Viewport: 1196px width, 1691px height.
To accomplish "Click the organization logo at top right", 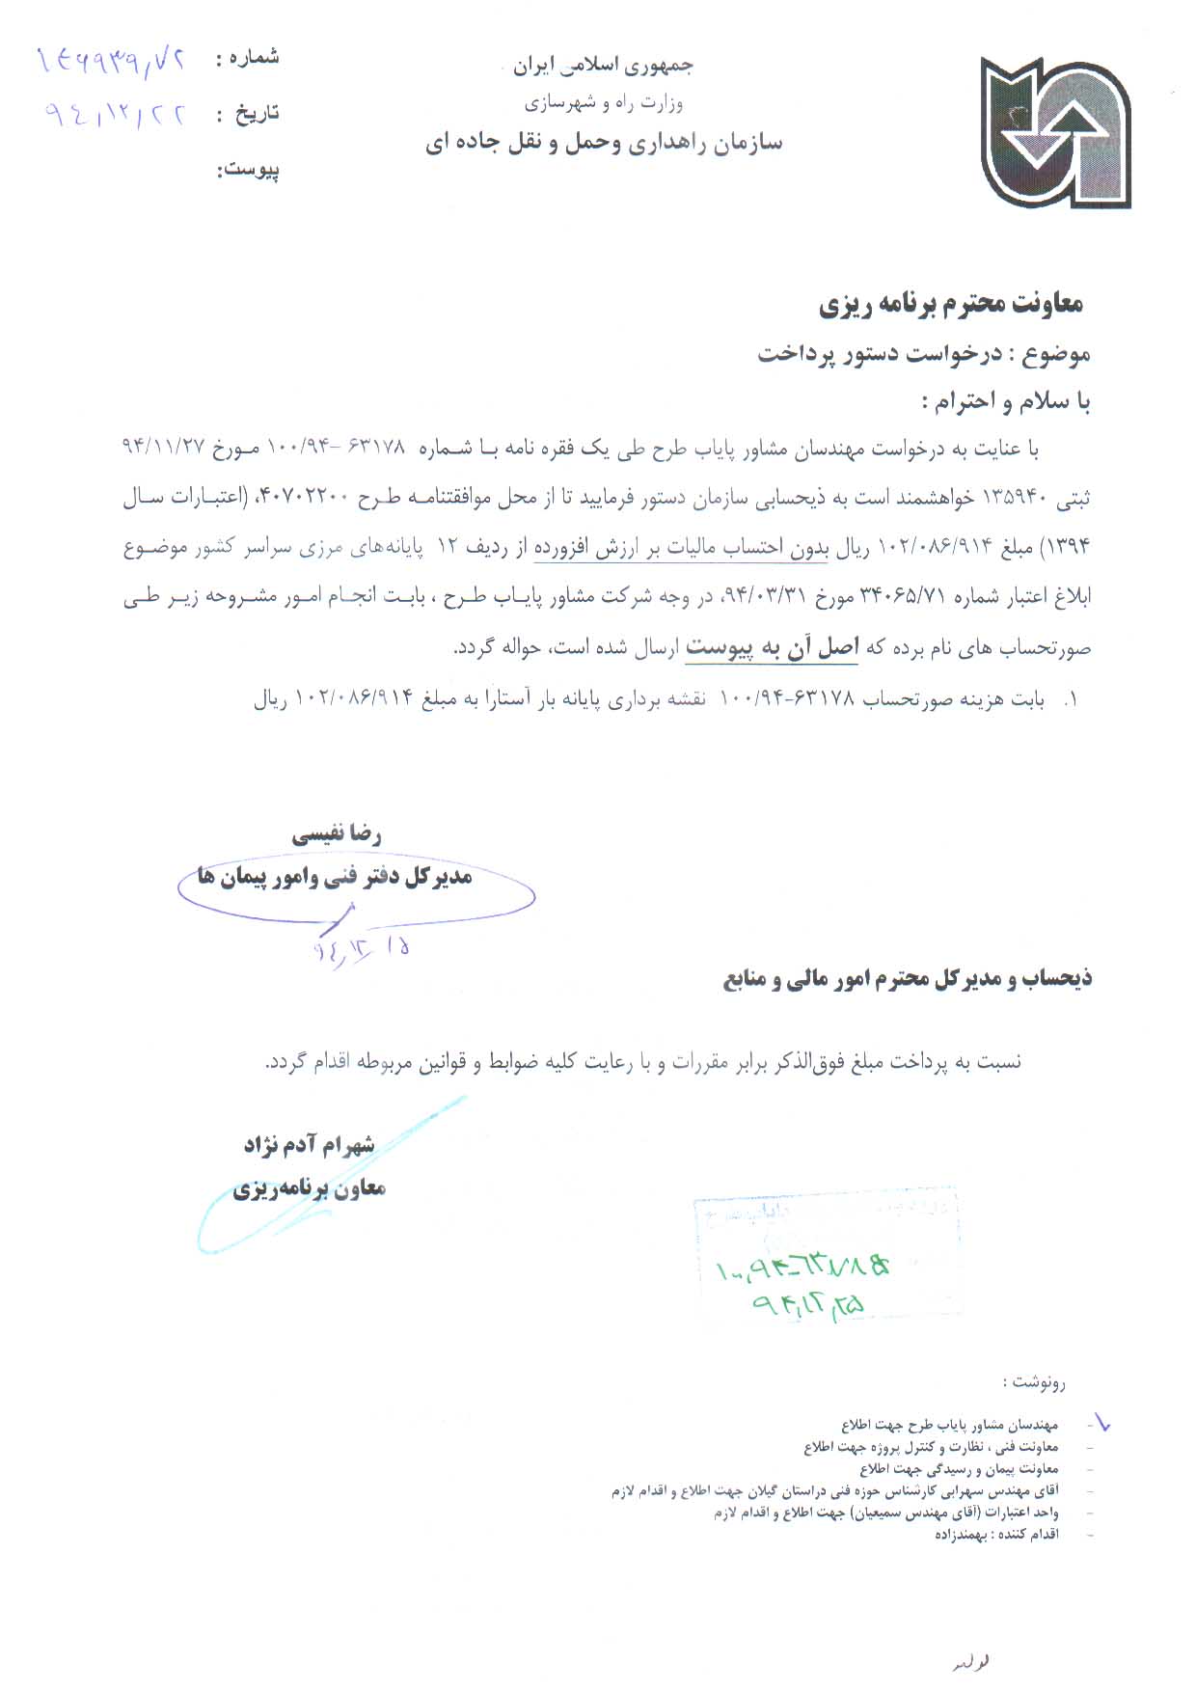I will (x=1055, y=132).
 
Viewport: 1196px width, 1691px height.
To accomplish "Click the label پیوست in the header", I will (x=248, y=171).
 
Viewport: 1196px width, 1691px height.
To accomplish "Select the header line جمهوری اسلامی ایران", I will (x=602, y=66).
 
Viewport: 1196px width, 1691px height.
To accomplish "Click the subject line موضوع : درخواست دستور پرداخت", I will (x=923, y=354).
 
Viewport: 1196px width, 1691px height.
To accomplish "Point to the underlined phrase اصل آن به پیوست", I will (x=772, y=648).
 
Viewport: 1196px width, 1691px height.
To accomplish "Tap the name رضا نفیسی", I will (x=337, y=834).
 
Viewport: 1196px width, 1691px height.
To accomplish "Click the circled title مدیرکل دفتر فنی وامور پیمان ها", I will (x=335, y=877).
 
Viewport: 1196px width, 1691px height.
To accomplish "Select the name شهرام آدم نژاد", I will (x=309, y=1145).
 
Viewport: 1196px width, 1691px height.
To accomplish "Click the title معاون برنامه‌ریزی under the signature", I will (x=309, y=1188).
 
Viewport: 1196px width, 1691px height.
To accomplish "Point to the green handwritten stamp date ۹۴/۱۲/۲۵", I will (x=808, y=1304).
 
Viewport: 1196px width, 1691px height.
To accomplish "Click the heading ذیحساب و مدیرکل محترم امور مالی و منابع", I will (x=908, y=979).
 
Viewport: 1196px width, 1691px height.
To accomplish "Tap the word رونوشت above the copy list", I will (x=1034, y=1382).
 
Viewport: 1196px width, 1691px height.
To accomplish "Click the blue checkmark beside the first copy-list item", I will (x=1100, y=1422).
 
